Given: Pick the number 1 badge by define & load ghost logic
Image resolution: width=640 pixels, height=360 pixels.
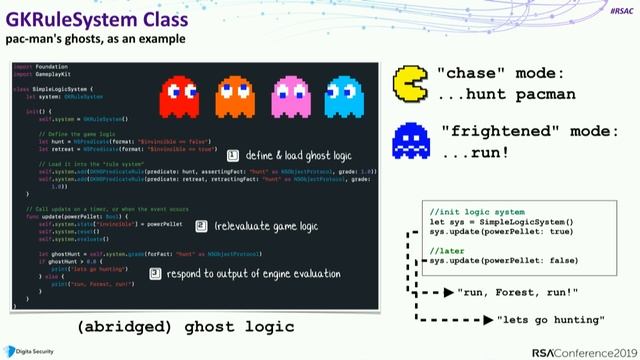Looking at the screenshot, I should click(233, 156).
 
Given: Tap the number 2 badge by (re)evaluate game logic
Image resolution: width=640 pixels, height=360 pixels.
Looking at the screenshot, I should click(201, 227).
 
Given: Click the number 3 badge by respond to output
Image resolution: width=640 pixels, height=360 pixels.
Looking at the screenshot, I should click(156, 272).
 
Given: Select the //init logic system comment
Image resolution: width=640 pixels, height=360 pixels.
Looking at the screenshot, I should click(476, 212).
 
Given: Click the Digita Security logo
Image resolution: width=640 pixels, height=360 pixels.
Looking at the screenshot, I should click(34, 349).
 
